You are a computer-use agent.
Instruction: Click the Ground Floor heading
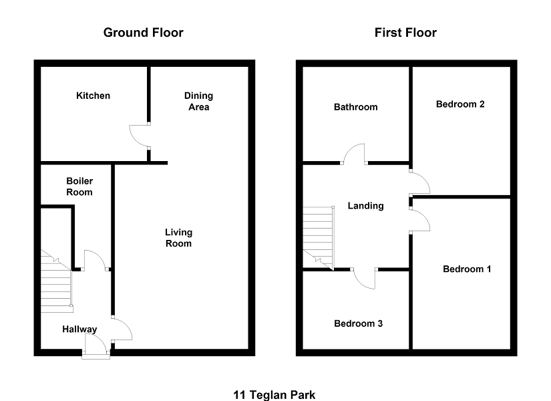pyautogui.click(x=143, y=32)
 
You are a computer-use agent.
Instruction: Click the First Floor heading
pyautogui.click(x=405, y=32)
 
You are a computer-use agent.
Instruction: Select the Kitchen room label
pyautogui.click(x=93, y=96)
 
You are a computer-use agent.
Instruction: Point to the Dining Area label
pyautogui.click(x=198, y=102)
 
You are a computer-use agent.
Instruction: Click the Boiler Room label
pyautogui.click(x=79, y=186)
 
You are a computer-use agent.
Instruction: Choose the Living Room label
pyautogui.click(x=179, y=238)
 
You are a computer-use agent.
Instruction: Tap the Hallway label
pyautogui.click(x=79, y=329)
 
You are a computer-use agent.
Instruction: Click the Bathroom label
pyautogui.click(x=355, y=107)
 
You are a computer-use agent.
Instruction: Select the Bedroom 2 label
pyautogui.click(x=460, y=104)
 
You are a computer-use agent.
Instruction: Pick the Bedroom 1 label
pyautogui.click(x=467, y=269)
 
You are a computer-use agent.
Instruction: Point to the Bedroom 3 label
pyautogui.click(x=358, y=323)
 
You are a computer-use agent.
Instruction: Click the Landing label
pyautogui.click(x=366, y=206)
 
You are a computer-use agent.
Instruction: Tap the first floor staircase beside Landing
pyautogui.click(x=318, y=237)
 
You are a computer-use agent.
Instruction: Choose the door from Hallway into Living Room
pyautogui.click(x=122, y=329)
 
